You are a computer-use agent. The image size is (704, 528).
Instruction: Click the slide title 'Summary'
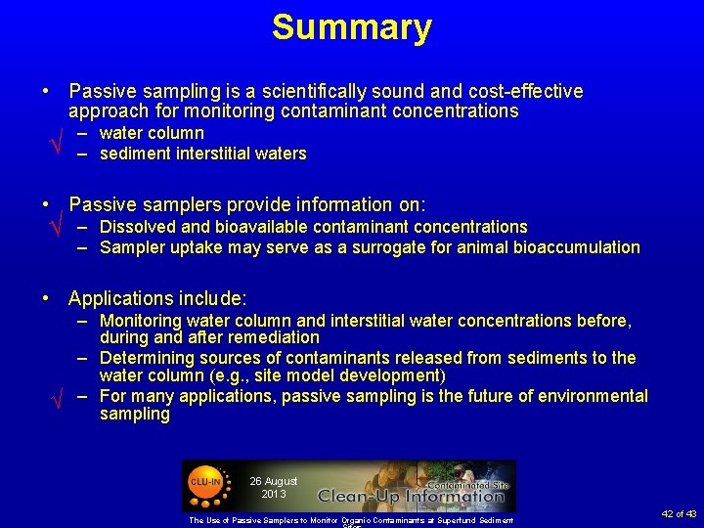tap(351, 27)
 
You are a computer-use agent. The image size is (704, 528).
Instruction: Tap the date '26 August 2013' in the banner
tap(273, 487)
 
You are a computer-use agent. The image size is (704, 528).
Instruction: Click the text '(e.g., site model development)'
tap(333, 375)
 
